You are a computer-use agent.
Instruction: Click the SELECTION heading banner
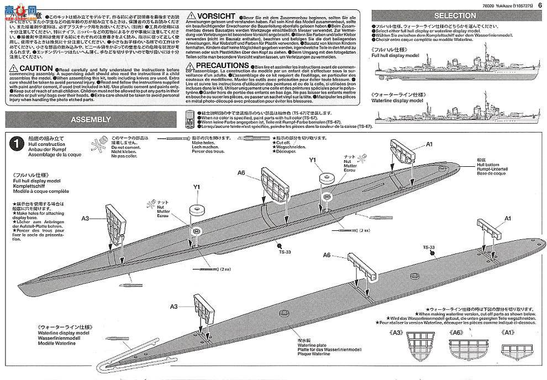click(x=455, y=15)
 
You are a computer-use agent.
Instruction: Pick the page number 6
click(x=539, y=7)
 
